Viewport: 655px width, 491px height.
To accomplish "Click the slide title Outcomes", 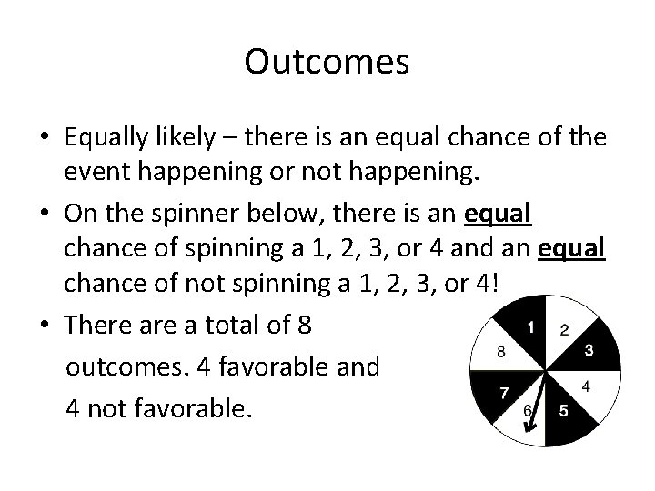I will tap(327, 62).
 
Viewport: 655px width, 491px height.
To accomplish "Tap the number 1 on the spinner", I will tap(530, 326).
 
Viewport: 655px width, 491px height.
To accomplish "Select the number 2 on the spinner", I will tap(564, 328).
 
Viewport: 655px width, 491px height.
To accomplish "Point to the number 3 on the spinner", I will tap(589, 349).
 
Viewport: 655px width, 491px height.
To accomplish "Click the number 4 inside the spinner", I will tap(586, 386).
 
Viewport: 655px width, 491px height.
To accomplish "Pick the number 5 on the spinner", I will tap(563, 411).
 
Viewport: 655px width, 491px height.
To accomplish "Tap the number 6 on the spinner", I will tap(529, 411).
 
